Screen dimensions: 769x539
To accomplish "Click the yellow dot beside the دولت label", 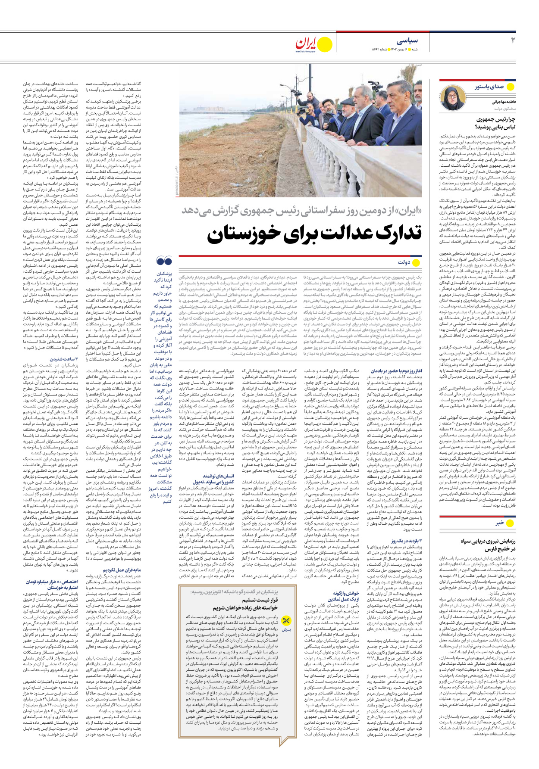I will [416, 262].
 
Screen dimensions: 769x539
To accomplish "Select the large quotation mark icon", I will [164, 261].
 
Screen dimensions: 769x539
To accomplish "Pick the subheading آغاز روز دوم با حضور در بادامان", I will [396, 370].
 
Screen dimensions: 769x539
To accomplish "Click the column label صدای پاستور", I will [489, 87].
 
